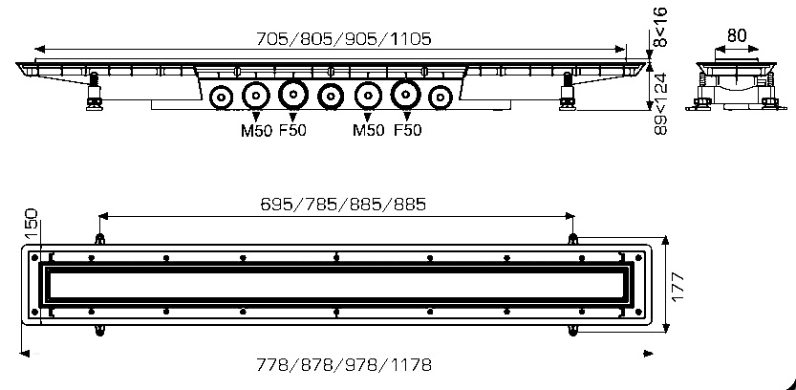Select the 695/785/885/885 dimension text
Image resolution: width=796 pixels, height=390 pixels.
coord(342,204)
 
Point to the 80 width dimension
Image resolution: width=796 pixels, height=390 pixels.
coord(736,34)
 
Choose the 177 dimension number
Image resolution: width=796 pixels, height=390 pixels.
coord(678,286)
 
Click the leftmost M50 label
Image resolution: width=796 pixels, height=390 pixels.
coord(255,130)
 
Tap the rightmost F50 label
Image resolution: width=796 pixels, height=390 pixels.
coord(408,130)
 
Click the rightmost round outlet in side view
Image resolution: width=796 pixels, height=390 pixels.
coord(440,97)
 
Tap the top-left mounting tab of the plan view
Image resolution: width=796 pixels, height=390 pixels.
coord(98,238)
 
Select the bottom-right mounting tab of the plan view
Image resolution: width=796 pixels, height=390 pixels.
coord(571,331)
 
